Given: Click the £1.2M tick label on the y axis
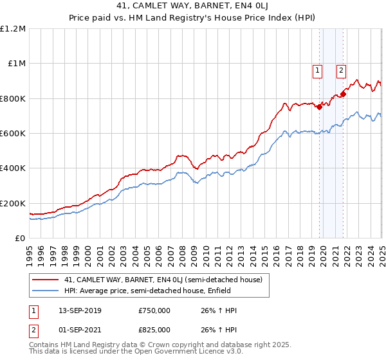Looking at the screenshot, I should (x=13, y=28).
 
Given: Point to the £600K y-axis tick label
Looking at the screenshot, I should (x=13, y=133).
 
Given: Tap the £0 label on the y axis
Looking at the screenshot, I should (x=19, y=238).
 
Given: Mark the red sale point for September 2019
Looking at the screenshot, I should (x=319, y=107).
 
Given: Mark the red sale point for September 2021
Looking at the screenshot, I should (x=343, y=94).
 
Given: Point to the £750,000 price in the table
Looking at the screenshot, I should (x=154, y=310).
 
